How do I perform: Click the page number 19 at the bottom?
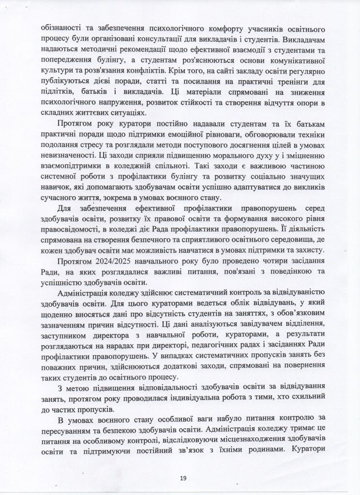182,478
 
